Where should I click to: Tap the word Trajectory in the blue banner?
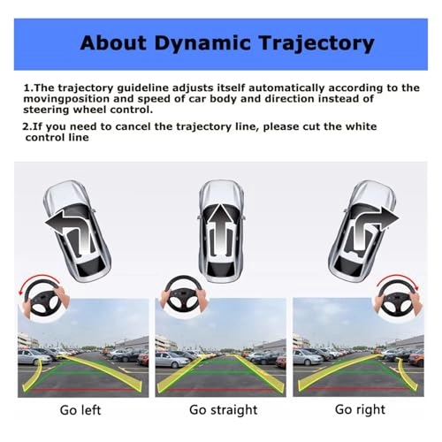click(x=306, y=43)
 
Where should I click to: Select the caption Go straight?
click(x=224, y=409)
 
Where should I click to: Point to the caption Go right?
click(x=361, y=409)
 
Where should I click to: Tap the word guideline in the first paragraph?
click(x=122, y=88)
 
